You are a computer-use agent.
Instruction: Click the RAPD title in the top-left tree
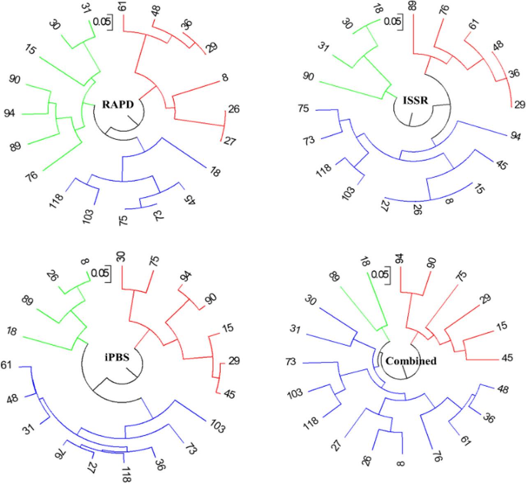(x=118, y=104)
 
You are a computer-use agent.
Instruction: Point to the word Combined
(x=411, y=361)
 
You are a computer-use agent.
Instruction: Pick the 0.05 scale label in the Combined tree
(x=379, y=273)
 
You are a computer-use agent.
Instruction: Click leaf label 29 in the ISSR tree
(x=519, y=105)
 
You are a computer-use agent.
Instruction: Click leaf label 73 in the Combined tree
(x=295, y=362)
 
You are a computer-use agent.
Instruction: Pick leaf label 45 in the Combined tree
(x=507, y=358)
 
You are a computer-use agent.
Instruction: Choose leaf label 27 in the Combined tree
(x=337, y=444)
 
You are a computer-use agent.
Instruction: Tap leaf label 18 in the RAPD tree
(x=214, y=171)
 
